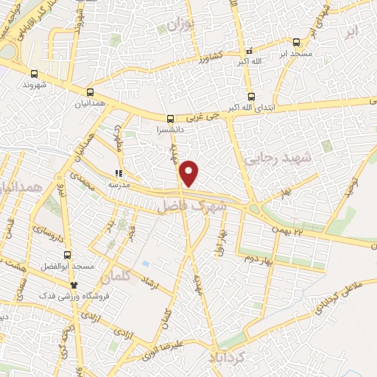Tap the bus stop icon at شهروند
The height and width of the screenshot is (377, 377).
pos(34,74)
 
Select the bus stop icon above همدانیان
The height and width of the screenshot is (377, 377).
pos(90,93)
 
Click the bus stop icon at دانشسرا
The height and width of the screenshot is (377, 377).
pos(171,118)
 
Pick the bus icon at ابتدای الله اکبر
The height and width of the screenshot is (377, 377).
pos(251,96)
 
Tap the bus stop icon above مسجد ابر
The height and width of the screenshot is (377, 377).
pos(296,42)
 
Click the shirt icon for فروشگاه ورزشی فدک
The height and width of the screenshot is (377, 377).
pos(73,284)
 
